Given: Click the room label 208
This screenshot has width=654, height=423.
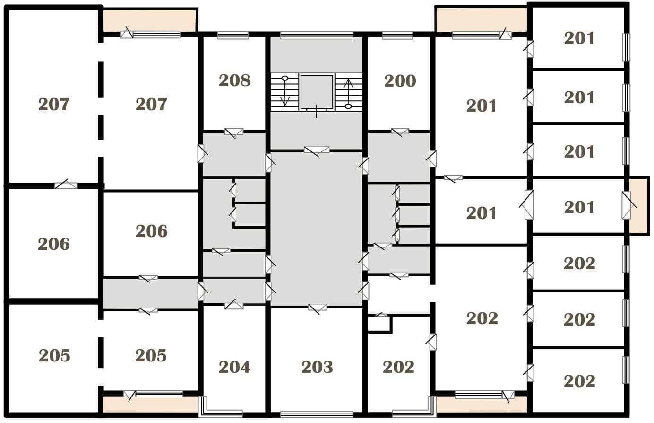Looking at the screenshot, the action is pyautogui.click(x=234, y=80).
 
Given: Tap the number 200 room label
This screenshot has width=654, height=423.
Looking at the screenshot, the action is pyautogui.click(x=400, y=81).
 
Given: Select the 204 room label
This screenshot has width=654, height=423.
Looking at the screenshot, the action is pyautogui.click(x=234, y=367).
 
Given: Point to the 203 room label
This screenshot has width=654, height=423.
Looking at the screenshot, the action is pyautogui.click(x=317, y=367).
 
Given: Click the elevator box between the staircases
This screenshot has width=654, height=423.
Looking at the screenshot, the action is pyautogui.click(x=317, y=92).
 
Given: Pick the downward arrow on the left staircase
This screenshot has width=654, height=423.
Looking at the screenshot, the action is pyautogui.click(x=285, y=91).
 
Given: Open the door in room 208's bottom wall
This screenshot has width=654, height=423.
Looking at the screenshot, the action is pyautogui.click(x=233, y=132).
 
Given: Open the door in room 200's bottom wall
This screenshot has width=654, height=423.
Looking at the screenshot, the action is pyautogui.click(x=400, y=132).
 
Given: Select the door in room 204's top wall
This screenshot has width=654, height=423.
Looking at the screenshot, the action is pyautogui.click(x=233, y=305).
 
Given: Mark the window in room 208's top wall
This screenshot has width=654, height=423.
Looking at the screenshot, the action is pyautogui.click(x=232, y=35).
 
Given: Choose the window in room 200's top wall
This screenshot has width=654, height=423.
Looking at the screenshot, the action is pyautogui.click(x=397, y=35).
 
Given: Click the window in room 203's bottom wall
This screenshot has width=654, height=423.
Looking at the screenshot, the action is pyautogui.click(x=317, y=414).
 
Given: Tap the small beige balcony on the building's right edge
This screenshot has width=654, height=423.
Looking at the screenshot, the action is pyautogui.click(x=639, y=205).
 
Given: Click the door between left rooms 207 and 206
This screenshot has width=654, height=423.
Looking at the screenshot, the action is pyautogui.click(x=66, y=185).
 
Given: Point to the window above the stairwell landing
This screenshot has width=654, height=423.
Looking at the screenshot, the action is pyautogui.click(x=317, y=35).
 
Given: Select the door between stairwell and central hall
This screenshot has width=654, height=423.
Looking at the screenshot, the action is pyautogui.click(x=317, y=151).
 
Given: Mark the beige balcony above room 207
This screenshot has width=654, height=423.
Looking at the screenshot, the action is pyautogui.click(x=149, y=20).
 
